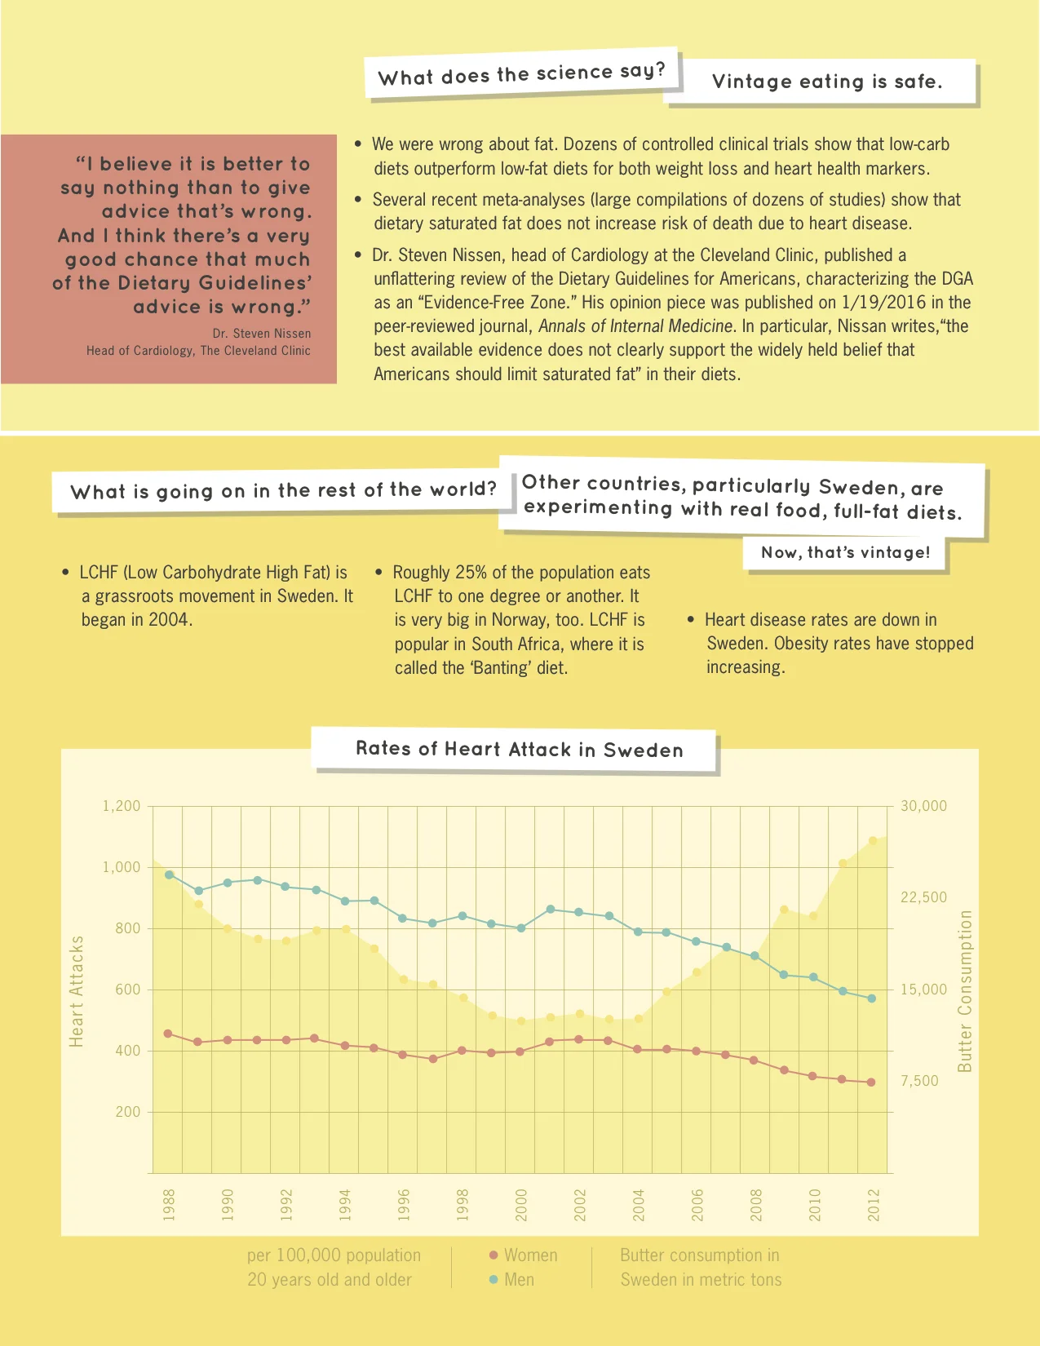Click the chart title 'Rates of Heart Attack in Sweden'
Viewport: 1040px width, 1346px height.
(520, 750)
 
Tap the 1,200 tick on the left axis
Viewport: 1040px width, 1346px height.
(122, 806)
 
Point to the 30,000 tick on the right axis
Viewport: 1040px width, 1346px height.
(923, 806)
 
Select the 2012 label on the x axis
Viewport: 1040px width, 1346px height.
(874, 1205)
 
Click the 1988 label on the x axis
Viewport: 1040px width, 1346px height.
(169, 1205)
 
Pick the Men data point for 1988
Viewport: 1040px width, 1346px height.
(170, 874)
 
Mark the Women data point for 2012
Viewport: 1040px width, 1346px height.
(871, 1083)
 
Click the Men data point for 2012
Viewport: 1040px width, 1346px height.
(872, 998)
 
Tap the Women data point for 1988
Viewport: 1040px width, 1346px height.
(169, 1034)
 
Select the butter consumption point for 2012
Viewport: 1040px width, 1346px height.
(873, 840)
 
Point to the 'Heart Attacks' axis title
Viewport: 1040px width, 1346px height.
(77, 991)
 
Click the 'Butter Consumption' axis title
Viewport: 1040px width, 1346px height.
(965, 991)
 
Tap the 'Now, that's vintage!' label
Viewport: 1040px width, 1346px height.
(845, 552)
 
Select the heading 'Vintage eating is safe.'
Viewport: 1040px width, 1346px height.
(827, 82)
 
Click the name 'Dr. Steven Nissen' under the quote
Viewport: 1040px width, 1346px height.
(261, 333)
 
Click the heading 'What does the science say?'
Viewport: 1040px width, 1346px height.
(522, 74)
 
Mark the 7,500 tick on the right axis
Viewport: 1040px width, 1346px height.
(919, 1081)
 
